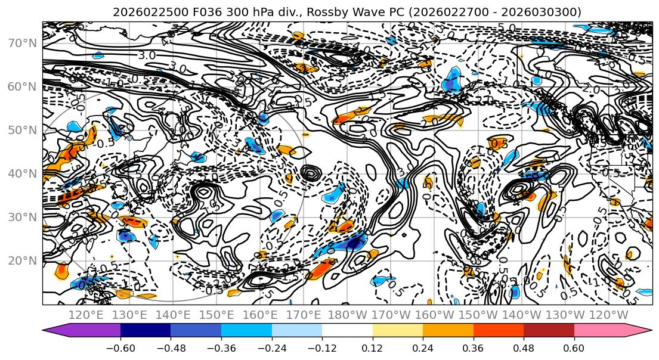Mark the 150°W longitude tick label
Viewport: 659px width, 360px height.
tap(477, 315)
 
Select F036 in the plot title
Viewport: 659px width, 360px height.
tap(198, 13)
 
